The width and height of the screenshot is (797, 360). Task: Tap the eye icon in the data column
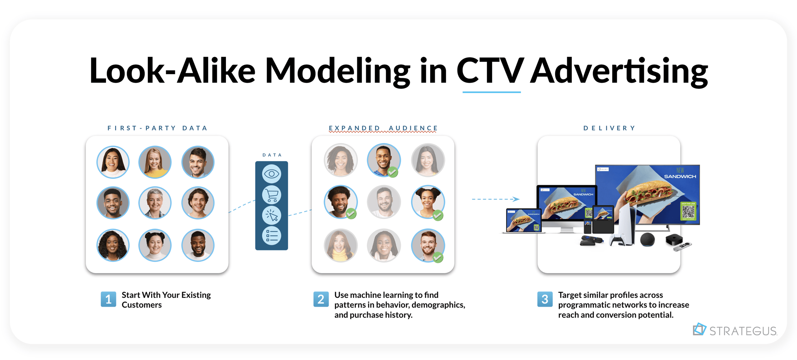point(272,174)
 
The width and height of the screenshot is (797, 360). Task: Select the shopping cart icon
point(272,194)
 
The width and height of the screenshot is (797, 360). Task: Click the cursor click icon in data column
point(272,215)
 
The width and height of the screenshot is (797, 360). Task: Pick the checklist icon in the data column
point(272,236)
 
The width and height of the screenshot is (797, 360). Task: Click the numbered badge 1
point(108,299)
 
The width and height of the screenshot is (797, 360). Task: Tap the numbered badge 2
point(321,299)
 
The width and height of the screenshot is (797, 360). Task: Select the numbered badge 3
point(545,299)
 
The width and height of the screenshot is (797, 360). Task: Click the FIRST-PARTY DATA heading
point(157,128)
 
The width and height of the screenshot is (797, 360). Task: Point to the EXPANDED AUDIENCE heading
point(383,128)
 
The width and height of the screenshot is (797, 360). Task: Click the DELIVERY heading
point(609,128)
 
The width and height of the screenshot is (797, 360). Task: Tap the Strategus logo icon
point(699,329)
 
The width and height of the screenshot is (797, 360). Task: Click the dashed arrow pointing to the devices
point(495,199)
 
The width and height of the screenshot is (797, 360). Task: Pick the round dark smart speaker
point(647,239)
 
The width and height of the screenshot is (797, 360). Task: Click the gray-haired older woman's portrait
point(155,203)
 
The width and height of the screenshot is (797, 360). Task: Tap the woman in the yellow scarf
point(340,245)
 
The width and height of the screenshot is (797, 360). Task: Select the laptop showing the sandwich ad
point(523,221)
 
